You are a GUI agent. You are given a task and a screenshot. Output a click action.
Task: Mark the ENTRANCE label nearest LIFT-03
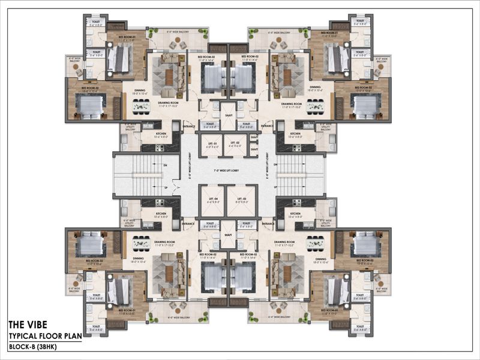[268, 224]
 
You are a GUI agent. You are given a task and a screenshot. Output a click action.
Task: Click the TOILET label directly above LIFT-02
[245, 126]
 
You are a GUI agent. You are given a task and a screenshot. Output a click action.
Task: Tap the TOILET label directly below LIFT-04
[210, 226]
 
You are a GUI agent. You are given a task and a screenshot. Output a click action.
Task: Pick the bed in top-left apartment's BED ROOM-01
[121, 59]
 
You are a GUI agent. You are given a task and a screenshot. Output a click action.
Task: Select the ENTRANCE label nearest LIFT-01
[189, 127]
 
